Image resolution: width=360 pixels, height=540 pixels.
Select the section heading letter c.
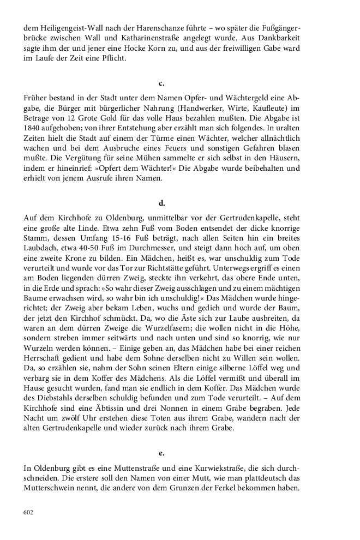point(161,83)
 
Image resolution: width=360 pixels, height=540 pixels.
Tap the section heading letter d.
point(161,203)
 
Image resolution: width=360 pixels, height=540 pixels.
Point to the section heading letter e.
point(161,453)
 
